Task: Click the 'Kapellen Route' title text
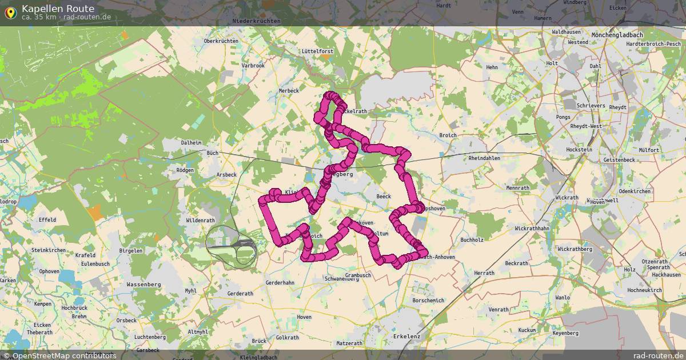coord(58,9)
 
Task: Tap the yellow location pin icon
coord(10,12)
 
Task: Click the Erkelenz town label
coord(406,337)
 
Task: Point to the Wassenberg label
coord(144,284)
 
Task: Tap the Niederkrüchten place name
coord(257,21)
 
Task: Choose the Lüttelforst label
coord(317,51)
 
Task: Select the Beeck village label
coord(383,197)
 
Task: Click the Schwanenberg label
coord(341,279)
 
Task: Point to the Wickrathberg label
coord(575,249)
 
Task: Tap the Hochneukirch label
coord(644,290)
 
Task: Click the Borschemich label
coord(428,301)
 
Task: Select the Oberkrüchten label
coord(221,41)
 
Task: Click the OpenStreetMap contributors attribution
coord(59,355)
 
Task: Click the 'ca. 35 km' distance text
coord(38,17)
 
